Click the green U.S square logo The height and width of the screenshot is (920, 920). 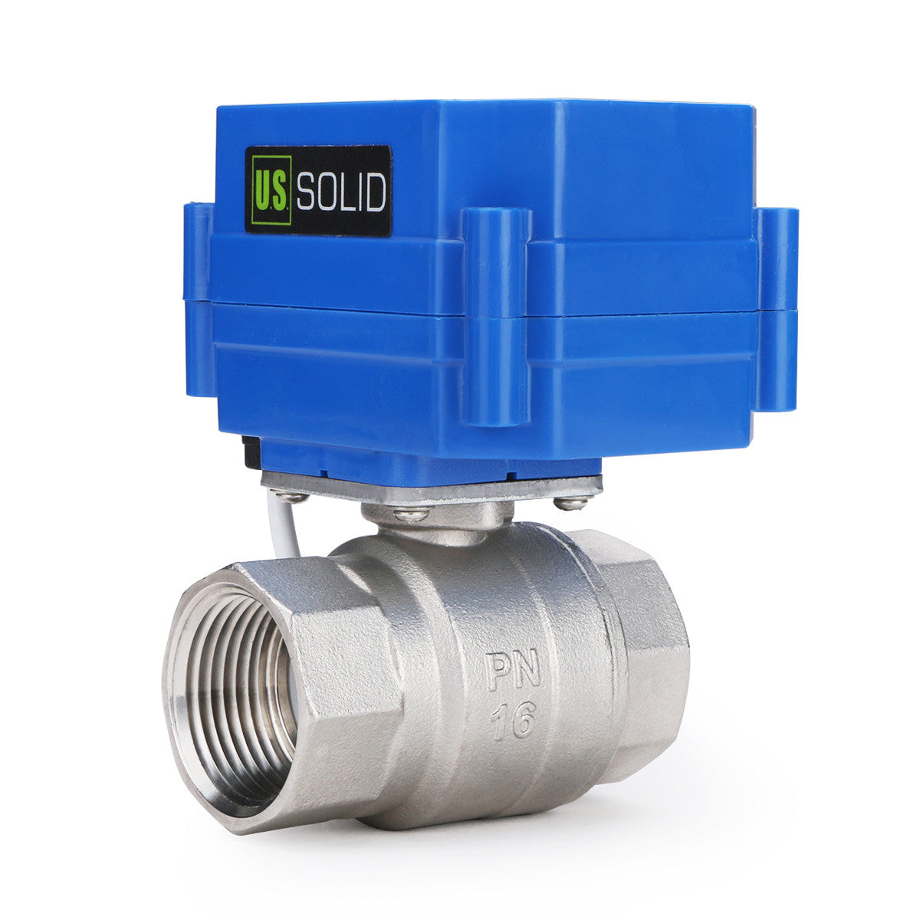coord(269,190)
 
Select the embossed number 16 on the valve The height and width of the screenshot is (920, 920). coord(513,720)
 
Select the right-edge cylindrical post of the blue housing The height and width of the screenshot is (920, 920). coord(778,307)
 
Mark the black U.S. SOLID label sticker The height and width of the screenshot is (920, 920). coord(318,191)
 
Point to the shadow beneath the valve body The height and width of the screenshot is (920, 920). coord(537,824)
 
